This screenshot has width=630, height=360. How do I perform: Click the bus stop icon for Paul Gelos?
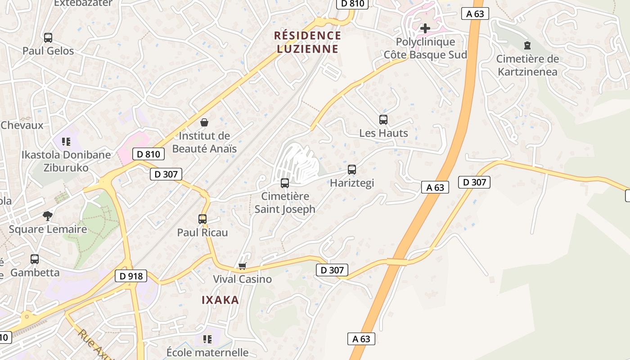pos(48,38)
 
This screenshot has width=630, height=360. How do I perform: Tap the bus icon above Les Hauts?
pos(383,120)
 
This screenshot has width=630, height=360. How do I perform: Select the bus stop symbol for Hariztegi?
pos(352,170)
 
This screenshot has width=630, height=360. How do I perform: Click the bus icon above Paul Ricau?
pos(202,219)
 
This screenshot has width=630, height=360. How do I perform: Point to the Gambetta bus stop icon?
pos(35,259)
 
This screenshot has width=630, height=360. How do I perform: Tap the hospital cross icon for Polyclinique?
pos(425,29)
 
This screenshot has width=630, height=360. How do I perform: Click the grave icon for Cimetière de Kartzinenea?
pos(527,45)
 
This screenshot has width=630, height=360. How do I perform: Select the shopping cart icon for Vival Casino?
pos(243,266)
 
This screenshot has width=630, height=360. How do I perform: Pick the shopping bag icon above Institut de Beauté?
pos(204,122)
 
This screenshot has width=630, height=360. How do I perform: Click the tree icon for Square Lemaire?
pos(48,216)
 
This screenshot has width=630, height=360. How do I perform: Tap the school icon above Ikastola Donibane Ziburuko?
pos(67,142)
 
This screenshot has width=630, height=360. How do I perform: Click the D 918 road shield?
pos(131,276)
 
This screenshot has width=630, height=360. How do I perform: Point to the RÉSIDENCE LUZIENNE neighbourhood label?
pos(308,42)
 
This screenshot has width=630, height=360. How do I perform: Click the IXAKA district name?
pos(220,300)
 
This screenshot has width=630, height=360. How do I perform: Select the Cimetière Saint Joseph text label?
pos(285,202)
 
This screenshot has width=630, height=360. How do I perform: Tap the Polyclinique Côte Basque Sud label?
pos(425,48)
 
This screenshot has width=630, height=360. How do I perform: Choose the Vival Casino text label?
pos(242,279)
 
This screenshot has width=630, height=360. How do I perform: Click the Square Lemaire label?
pos(48,229)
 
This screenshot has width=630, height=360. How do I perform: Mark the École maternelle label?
pos(207,352)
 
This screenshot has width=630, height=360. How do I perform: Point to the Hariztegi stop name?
pos(352,183)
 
